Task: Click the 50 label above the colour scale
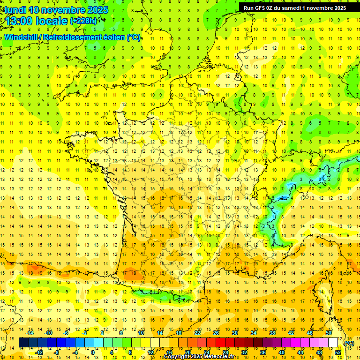tap(329, 333)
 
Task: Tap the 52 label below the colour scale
tap(338, 352)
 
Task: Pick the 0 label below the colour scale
tap(93, 352)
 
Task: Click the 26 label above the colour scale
tap(216, 333)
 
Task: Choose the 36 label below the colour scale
tap(263, 352)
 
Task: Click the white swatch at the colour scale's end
tap(333, 343)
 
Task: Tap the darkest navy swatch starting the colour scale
tap(23, 343)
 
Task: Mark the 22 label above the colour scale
tap(197, 333)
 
